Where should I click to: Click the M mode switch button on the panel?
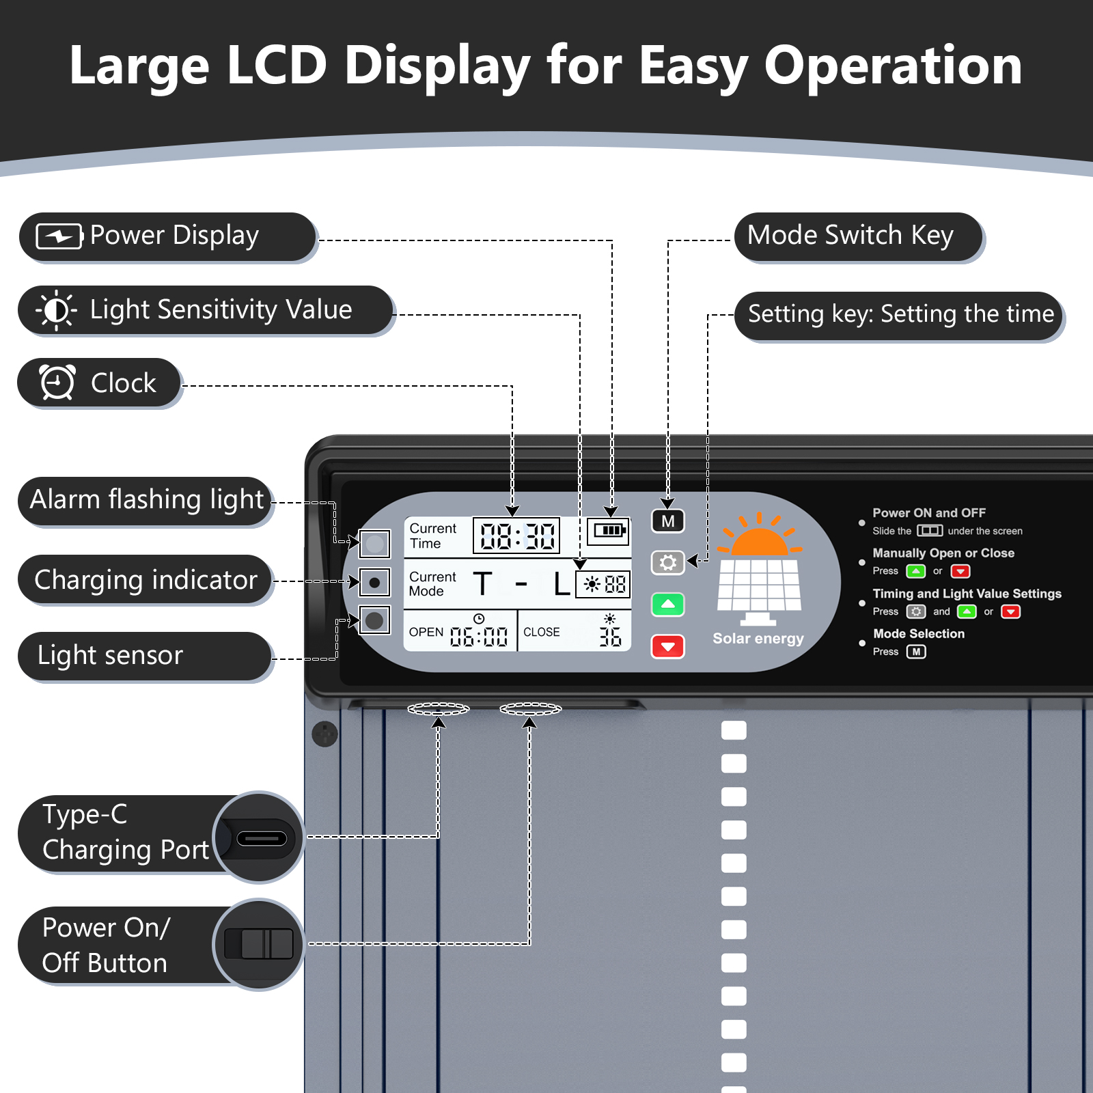(667, 521)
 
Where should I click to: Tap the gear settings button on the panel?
(667, 562)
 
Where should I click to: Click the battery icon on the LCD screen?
(608, 530)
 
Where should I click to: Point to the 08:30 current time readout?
(517, 536)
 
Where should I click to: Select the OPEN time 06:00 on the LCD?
(478, 637)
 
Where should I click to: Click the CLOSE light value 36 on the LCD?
(610, 637)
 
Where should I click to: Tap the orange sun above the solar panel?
(759, 536)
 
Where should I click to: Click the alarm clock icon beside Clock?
(57, 382)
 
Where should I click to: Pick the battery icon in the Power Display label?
(59, 236)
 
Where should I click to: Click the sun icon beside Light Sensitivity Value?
(57, 310)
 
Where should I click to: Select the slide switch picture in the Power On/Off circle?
(259, 944)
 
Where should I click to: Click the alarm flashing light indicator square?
(374, 544)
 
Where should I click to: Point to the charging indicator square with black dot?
(374, 583)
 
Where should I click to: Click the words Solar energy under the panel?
(758, 639)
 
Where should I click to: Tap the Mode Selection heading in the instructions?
(919, 634)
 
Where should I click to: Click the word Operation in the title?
(892, 66)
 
